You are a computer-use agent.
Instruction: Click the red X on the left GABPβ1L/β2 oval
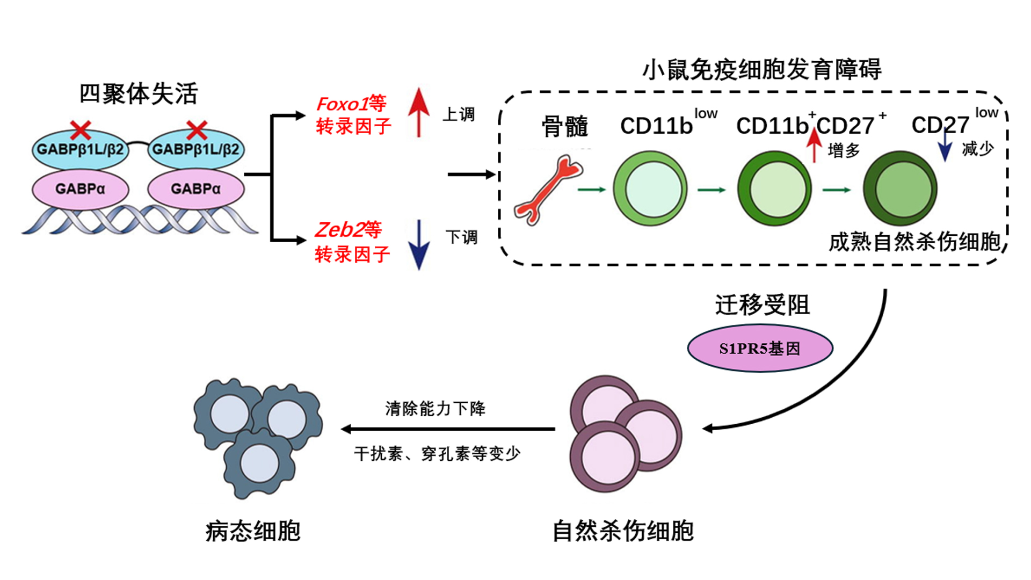point(81,130)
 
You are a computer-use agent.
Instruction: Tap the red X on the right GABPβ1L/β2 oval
point(197,130)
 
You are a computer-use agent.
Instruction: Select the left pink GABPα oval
point(80,189)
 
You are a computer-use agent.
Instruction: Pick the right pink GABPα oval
point(195,189)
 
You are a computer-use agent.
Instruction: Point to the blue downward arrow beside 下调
point(418,245)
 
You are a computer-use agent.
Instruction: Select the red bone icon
point(548,189)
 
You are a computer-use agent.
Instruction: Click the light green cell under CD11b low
point(650,189)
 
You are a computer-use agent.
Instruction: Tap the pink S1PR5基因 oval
point(760,349)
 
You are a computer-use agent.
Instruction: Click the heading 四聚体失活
point(139,94)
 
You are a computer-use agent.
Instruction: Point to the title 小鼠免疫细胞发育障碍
point(762,70)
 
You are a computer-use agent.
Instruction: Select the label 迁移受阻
point(762,305)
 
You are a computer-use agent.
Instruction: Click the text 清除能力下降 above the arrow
point(435,409)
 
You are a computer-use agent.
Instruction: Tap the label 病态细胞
point(253,531)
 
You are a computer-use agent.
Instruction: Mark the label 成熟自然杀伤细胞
point(914,242)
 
